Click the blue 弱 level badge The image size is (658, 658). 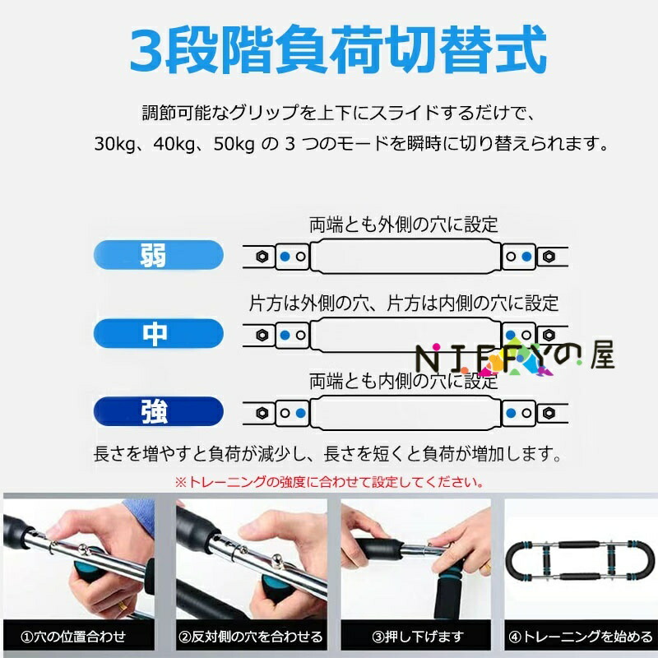tap(158, 255)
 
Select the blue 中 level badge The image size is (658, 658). tap(158, 334)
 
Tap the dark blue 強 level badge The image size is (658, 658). tap(158, 412)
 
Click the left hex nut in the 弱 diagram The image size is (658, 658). tap(262, 257)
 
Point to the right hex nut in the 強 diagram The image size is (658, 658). tap(549, 413)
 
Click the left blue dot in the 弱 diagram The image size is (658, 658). tap(285, 257)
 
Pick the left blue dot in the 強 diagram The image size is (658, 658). tap(301, 413)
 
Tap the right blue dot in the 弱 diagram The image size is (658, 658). tap(526, 257)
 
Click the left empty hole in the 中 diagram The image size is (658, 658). tap(301, 335)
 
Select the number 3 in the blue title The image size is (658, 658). tap(146, 51)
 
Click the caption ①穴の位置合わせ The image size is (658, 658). tap(73, 637)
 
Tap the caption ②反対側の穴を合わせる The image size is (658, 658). tap(251, 637)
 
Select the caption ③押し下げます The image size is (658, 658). tap(418, 637)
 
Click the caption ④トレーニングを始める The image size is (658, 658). tap(581, 637)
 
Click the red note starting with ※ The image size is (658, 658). tap(330, 482)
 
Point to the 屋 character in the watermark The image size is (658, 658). tap(602, 354)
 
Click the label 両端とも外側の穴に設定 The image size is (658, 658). tap(404, 225)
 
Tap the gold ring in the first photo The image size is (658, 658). tap(121, 606)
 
